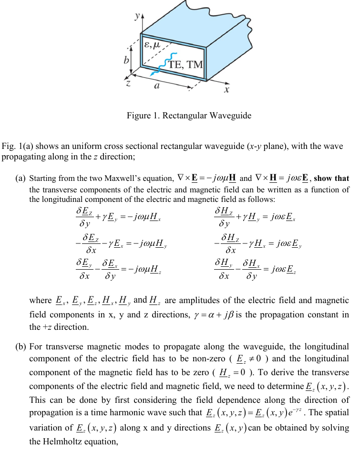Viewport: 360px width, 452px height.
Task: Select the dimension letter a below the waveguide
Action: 157,87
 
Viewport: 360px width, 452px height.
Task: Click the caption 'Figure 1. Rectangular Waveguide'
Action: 188,116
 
